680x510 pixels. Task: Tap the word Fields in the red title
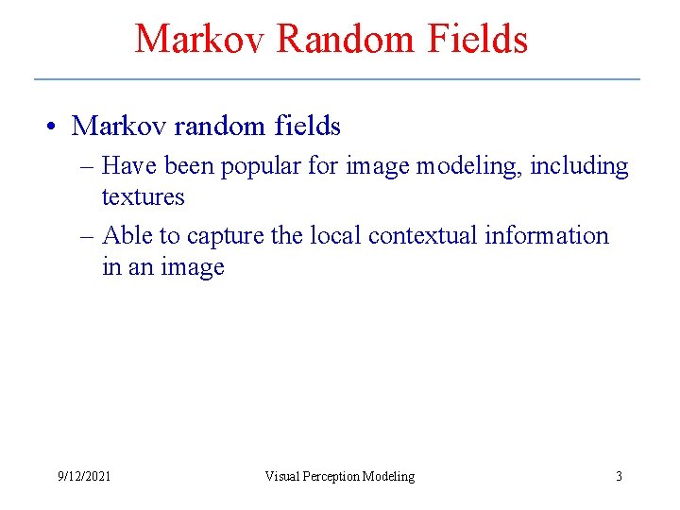477,39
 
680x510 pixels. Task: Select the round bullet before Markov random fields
59,126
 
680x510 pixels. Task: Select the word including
579,166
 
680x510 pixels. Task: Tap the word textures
143,197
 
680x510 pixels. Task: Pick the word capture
226,236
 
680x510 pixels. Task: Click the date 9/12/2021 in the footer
84,476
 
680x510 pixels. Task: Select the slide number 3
619,476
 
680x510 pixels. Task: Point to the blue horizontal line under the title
337,78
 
